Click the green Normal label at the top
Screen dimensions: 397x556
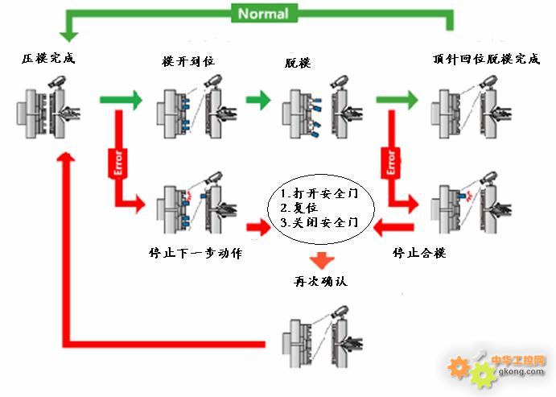point(262,13)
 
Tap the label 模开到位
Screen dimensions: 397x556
point(187,61)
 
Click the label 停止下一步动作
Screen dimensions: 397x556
point(196,253)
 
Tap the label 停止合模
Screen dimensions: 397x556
point(418,253)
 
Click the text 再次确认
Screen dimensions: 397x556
point(320,281)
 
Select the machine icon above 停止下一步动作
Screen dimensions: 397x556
point(192,201)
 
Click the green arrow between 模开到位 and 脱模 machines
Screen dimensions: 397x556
point(259,101)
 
